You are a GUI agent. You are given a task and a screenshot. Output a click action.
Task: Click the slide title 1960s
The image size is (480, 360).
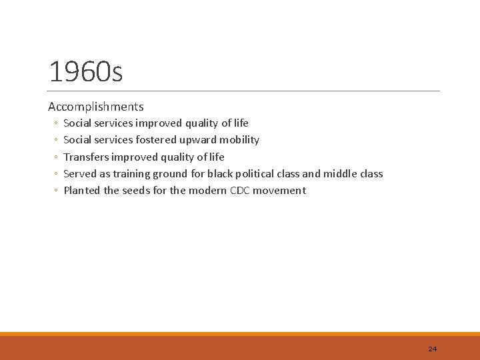click(86, 72)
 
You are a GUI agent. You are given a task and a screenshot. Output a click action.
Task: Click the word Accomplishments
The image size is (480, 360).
click(96, 107)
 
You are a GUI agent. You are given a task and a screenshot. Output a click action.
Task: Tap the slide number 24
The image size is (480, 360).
click(432, 349)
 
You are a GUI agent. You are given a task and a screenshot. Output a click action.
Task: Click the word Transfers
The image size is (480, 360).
click(86, 157)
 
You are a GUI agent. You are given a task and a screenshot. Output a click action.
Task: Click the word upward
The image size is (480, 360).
click(198, 140)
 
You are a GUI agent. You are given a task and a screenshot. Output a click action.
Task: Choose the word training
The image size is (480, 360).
click(131, 174)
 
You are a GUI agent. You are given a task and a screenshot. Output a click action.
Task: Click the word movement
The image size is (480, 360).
click(282, 191)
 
